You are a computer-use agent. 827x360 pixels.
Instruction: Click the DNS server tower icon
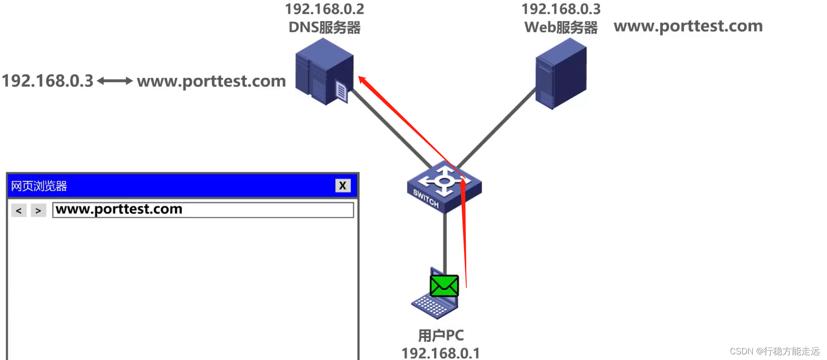(324, 70)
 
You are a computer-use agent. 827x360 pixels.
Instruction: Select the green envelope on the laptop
(444, 285)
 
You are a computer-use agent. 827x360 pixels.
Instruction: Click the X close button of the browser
(343, 186)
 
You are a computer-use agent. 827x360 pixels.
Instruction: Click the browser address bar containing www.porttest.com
(203, 210)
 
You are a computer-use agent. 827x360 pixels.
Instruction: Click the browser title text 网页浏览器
(39, 186)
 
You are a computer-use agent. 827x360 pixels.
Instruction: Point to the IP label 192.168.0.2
(324, 9)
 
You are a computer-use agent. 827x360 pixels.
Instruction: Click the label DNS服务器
(324, 27)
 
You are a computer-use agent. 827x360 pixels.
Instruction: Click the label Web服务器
(561, 27)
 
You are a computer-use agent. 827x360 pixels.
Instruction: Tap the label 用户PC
(440, 335)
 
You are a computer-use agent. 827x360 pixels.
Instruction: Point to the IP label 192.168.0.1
(440, 353)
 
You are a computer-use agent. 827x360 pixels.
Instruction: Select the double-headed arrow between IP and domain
(115, 81)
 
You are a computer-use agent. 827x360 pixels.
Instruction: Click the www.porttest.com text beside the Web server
(688, 26)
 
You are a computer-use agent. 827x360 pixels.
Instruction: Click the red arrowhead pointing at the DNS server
(363, 80)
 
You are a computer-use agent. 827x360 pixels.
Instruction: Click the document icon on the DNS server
(341, 92)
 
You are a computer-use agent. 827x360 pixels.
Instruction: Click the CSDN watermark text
(774, 351)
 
